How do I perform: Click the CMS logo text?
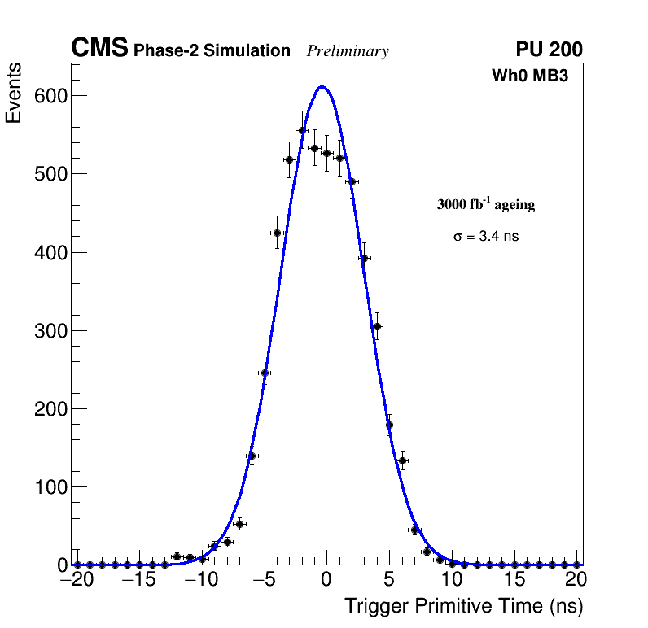pyautogui.click(x=99, y=49)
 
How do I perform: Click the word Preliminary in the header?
pyautogui.click(x=348, y=51)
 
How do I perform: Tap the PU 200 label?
pyautogui.click(x=549, y=50)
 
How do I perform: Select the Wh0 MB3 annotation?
pyautogui.click(x=529, y=76)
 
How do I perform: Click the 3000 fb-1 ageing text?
pyautogui.click(x=486, y=204)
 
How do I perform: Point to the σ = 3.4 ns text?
pyautogui.click(x=485, y=237)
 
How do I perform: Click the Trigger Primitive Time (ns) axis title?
pyautogui.click(x=463, y=606)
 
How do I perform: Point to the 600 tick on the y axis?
pyautogui.click(x=50, y=96)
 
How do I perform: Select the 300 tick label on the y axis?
pyautogui.click(x=50, y=330)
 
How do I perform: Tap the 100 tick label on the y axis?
pyautogui.click(x=50, y=487)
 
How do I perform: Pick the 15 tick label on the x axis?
pyautogui.click(x=514, y=580)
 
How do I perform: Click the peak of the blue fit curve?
pyautogui.click(x=322, y=86)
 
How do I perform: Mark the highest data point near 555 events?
pyautogui.click(x=302, y=130)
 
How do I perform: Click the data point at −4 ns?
pyautogui.click(x=277, y=233)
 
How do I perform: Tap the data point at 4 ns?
pyautogui.click(x=377, y=326)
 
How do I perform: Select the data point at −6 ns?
pyautogui.click(x=252, y=456)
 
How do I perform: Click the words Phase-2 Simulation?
pyautogui.click(x=212, y=51)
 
